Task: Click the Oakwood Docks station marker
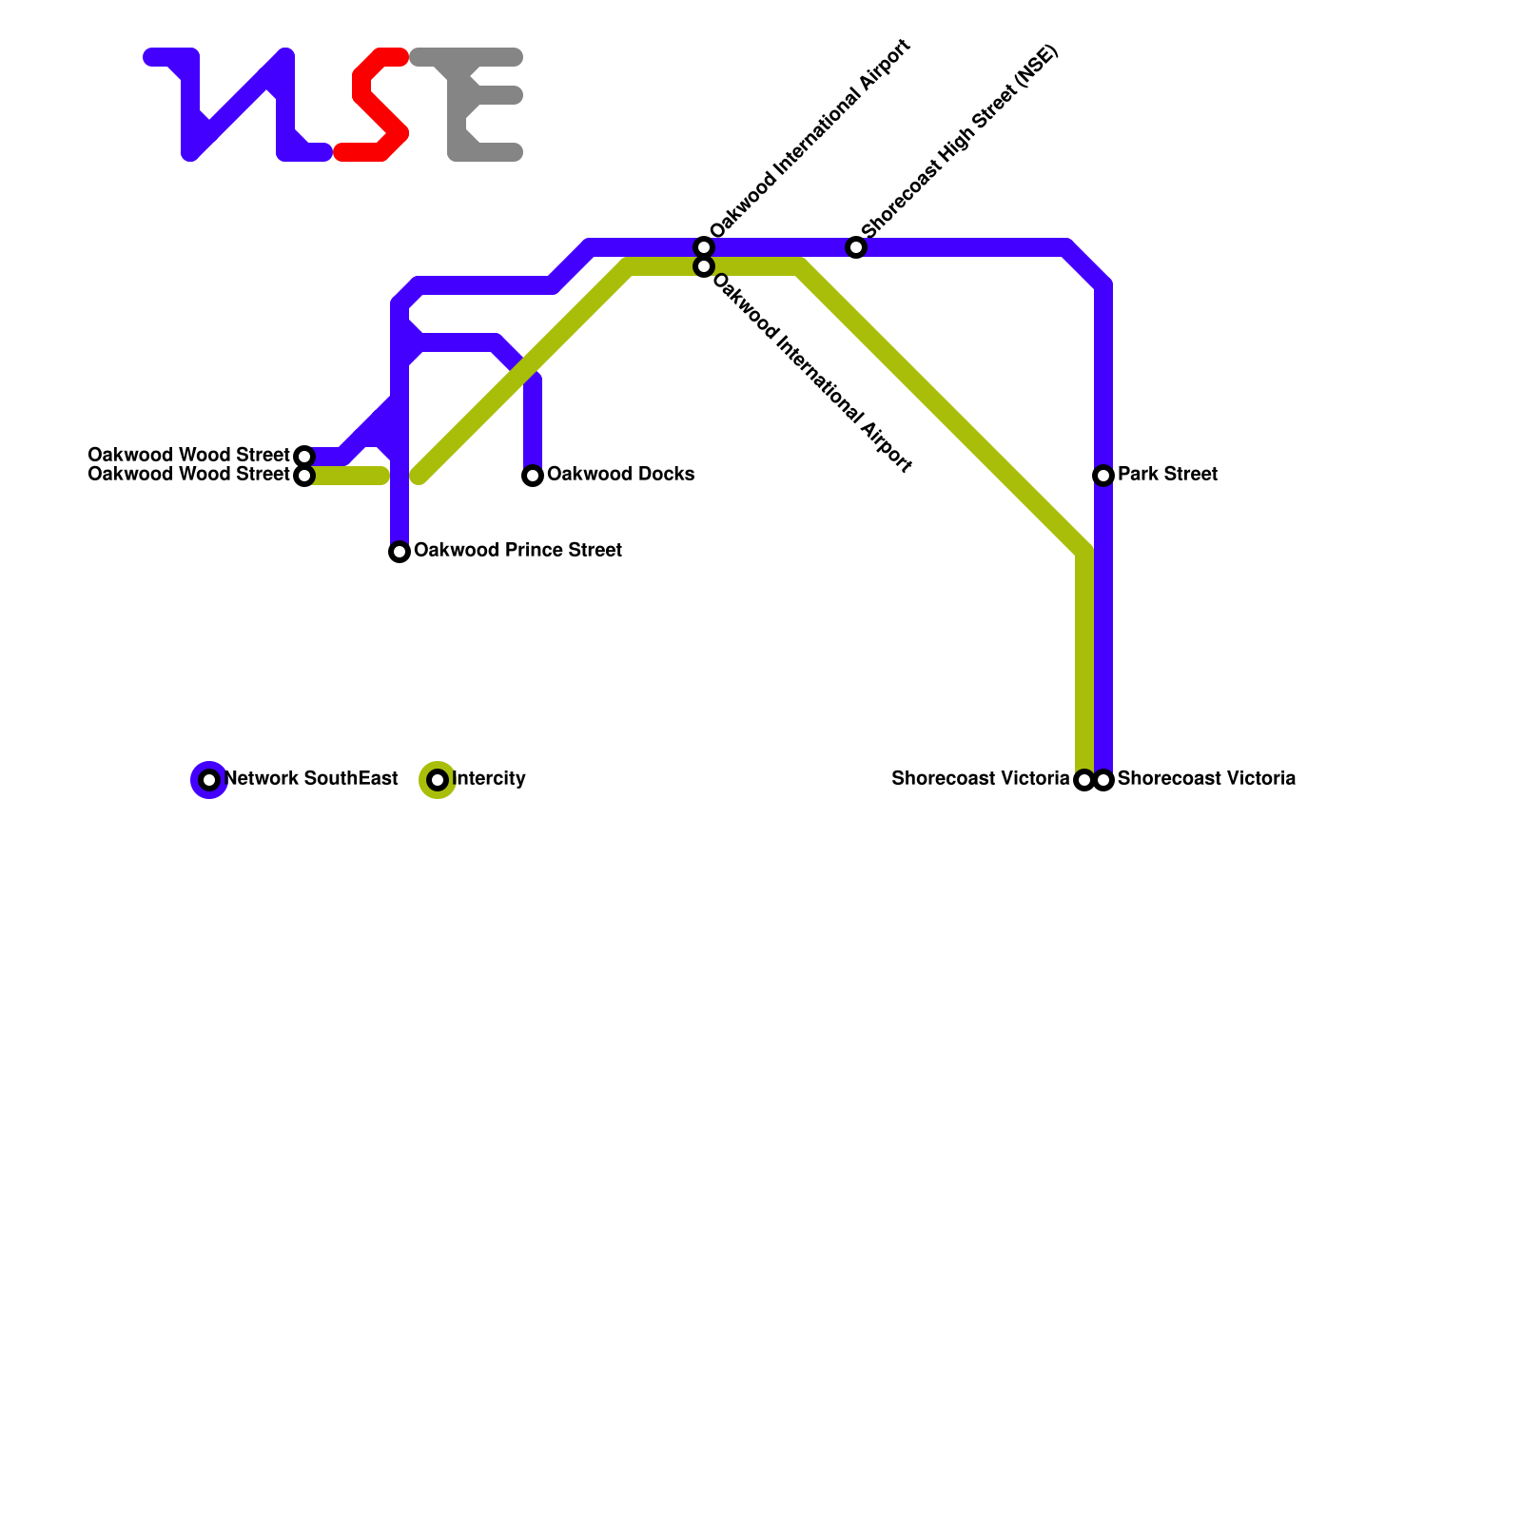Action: click(x=533, y=476)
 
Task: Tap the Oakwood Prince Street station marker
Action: click(x=400, y=552)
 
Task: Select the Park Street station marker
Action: click(x=1103, y=476)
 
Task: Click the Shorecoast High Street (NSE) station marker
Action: click(x=856, y=248)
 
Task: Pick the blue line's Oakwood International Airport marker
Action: click(x=704, y=247)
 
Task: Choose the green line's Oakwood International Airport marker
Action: click(x=704, y=267)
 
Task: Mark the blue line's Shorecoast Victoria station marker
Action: click(x=1103, y=780)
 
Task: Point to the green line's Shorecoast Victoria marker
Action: click(x=1083, y=780)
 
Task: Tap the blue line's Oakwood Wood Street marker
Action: click(x=304, y=457)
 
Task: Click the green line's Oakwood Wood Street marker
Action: click(x=304, y=476)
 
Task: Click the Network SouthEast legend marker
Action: click(x=209, y=780)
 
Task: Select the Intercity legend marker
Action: click(x=438, y=780)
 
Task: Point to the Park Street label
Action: click(x=1167, y=475)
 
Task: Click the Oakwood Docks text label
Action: click(x=620, y=475)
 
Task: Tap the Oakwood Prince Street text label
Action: click(x=517, y=551)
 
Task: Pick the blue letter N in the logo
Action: click(x=238, y=105)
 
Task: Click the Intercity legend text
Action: click(x=489, y=779)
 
